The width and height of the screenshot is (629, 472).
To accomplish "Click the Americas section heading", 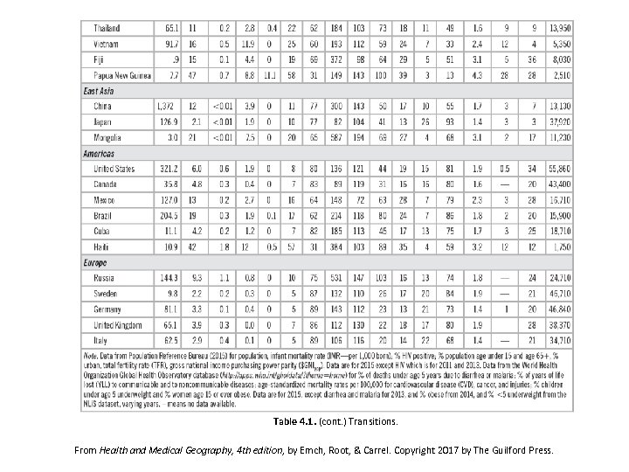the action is click(x=100, y=153).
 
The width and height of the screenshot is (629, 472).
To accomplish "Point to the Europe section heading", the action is click(x=95, y=262).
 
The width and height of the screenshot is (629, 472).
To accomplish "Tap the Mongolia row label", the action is click(x=109, y=137).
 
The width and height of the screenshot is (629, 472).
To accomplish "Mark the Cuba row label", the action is click(x=103, y=231).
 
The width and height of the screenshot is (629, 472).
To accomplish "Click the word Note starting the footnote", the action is click(x=91, y=355).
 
